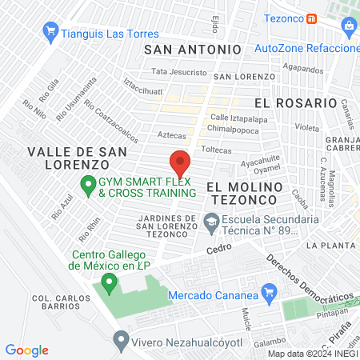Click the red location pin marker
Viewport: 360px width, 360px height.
(x=179, y=164)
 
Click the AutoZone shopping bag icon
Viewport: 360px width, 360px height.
(x=349, y=26)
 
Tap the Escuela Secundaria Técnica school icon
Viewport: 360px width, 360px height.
(x=211, y=222)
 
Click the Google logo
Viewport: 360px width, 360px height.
(x=26, y=350)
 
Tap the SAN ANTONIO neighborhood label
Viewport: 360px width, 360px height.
(x=191, y=49)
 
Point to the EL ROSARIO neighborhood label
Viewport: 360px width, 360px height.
(x=295, y=103)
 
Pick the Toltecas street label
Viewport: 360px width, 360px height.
(x=216, y=149)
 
